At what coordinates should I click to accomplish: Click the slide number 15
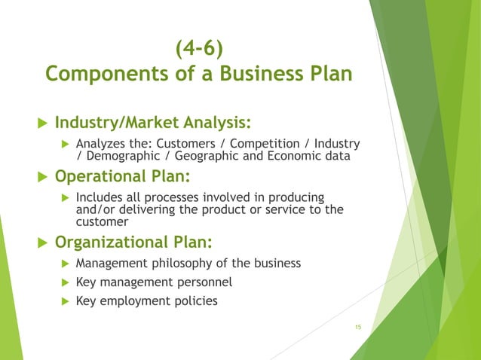tap(358, 326)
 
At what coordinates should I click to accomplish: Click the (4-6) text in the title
tap(199, 50)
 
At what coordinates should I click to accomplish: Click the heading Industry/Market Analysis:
tap(153, 122)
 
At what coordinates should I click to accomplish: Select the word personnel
tap(204, 282)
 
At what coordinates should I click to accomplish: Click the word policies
tap(193, 301)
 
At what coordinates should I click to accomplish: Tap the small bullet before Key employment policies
tap(65, 301)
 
